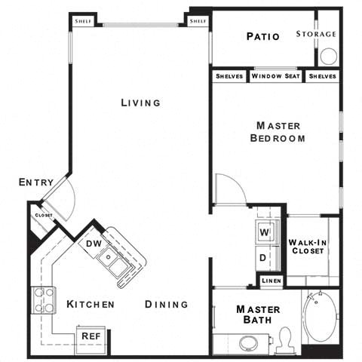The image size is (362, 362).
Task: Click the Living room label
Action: pyautogui.click(x=140, y=103)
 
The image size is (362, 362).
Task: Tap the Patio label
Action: pyautogui.click(x=262, y=36)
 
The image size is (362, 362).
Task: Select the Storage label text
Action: pyautogui.click(x=316, y=34)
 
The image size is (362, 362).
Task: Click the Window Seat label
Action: pyautogui.click(x=276, y=76)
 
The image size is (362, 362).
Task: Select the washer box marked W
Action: pyautogui.click(x=265, y=232)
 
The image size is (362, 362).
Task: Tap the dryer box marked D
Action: pyautogui.click(x=265, y=257)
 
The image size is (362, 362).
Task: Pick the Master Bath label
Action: pyautogui.click(x=258, y=316)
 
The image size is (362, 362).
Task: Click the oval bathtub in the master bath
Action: pyautogui.click(x=320, y=321)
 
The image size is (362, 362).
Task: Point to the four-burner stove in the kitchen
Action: pyautogui.click(x=43, y=301)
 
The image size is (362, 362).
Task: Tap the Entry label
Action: pyautogui.click(x=35, y=183)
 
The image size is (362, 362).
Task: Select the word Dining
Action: pyautogui.click(x=166, y=305)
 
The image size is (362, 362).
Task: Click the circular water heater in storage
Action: pyautogui.click(x=328, y=57)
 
